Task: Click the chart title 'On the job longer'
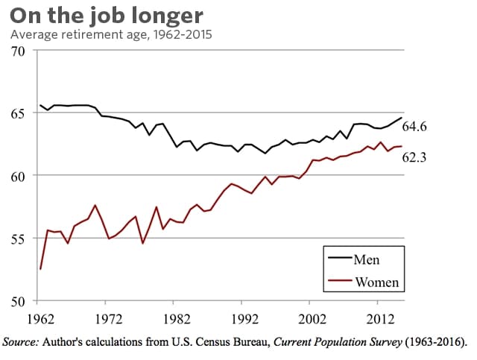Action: pyautogui.click(x=106, y=16)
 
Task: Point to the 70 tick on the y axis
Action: pyautogui.click(x=17, y=51)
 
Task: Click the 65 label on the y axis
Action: pyautogui.click(x=17, y=114)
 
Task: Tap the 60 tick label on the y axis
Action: pyautogui.click(x=17, y=176)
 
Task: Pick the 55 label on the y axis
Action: pyautogui.click(x=17, y=239)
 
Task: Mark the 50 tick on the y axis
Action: pyautogui.click(x=17, y=301)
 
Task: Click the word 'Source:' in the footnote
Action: pyautogui.click(x=24, y=342)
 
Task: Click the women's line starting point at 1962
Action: pyautogui.click(x=41, y=269)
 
